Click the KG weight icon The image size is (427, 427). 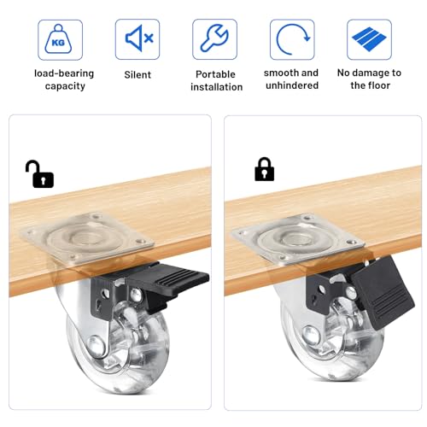(x=60, y=39)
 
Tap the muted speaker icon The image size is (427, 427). (x=137, y=39)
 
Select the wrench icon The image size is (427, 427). (x=214, y=39)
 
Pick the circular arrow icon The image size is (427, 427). (x=291, y=39)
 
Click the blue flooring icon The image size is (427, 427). (x=369, y=39)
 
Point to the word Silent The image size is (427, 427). (x=137, y=74)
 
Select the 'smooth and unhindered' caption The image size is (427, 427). (x=291, y=79)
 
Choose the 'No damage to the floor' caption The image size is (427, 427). (x=370, y=79)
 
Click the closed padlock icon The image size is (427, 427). (x=264, y=169)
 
